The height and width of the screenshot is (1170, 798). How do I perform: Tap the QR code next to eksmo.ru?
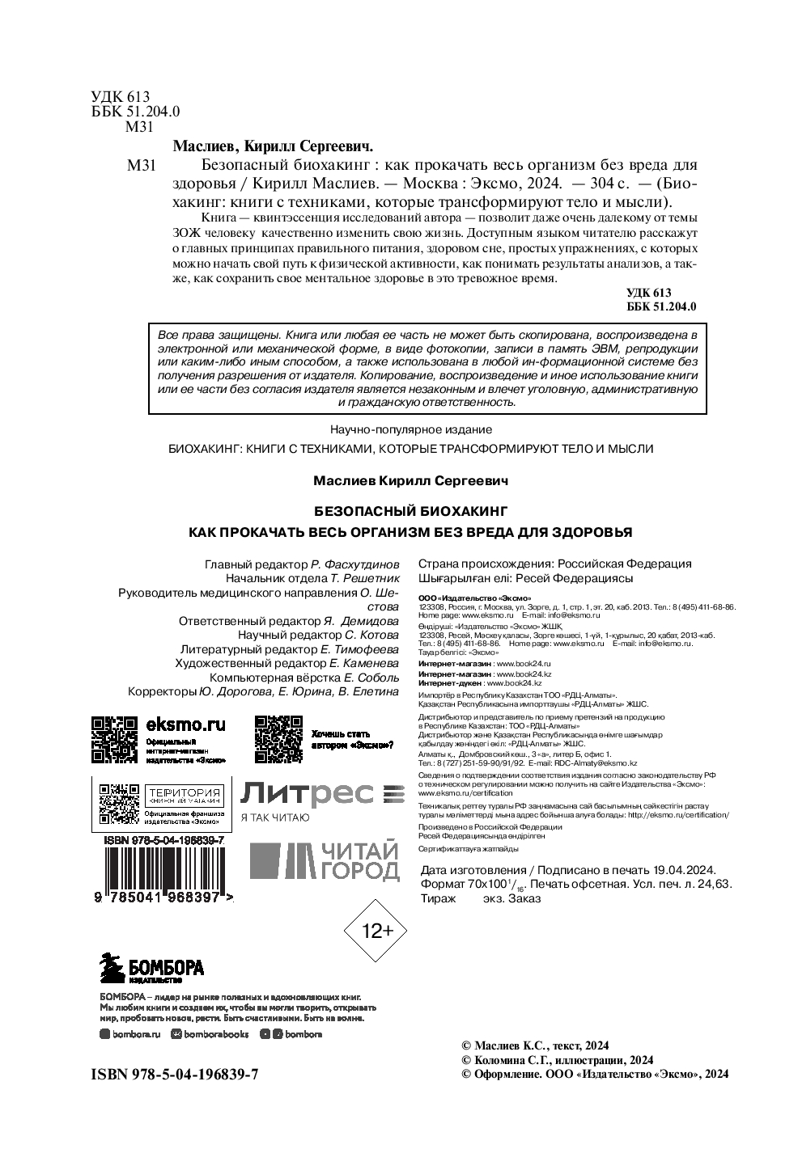pos(113,739)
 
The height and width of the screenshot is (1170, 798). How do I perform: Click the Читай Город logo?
pos(324,861)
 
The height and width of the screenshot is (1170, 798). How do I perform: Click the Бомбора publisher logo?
pos(151,968)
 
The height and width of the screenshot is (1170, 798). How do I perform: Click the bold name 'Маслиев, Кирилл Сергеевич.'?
pos(273,146)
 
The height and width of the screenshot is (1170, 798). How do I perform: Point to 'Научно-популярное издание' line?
pos(410,429)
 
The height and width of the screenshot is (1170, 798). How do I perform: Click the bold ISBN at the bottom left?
pos(175,1074)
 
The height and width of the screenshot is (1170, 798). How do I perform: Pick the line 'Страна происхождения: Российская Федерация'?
pos(554,564)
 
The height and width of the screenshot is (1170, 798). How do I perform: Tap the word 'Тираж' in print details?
pos(439,898)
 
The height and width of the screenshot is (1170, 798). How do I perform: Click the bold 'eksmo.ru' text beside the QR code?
pos(185,724)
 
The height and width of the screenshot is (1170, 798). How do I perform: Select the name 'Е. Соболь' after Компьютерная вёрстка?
pos(371,678)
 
